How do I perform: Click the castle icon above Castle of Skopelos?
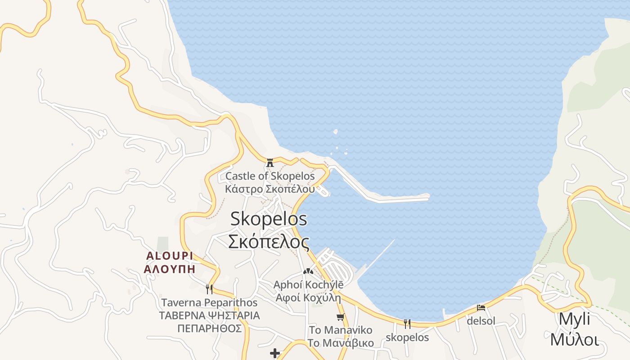point(270,162)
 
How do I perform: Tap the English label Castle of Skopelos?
point(270,176)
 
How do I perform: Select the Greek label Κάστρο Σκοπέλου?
point(270,189)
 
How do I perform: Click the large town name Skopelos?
point(269,219)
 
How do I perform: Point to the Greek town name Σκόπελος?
point(269,242)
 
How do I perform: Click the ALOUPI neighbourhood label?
point(170,256)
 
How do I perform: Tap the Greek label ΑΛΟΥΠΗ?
point(170,269)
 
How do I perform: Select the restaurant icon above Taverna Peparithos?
point(209,289)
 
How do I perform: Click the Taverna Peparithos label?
point(209,302)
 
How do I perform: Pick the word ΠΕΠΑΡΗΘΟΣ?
point(209,328)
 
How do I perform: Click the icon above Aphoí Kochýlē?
point(308,271)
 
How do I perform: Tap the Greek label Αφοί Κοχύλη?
point(308,297)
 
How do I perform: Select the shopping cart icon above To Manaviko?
point(341,317)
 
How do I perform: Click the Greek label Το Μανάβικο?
point(341,343)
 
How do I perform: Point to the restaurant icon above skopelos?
point(407,324)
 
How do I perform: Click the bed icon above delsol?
point(481,308)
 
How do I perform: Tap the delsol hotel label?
point(481,321)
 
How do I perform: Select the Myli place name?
point(574,319)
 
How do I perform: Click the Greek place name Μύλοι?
point(574,339)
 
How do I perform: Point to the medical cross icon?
point(275,353)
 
